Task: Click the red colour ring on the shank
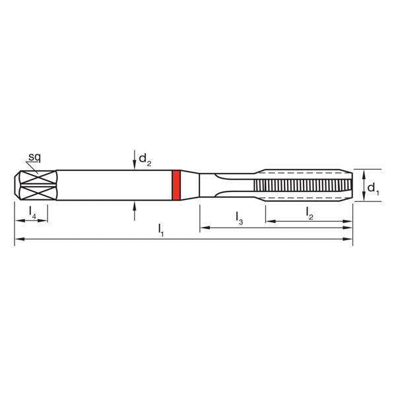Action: point(176,185)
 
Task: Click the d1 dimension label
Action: point(373,189)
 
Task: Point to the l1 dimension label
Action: point(160,230)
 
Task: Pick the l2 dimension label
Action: point(310,213)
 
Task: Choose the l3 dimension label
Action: point(239,218)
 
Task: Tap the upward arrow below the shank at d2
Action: point(135,207)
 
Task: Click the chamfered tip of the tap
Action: point(348,185)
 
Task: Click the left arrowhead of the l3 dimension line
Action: point(203,228)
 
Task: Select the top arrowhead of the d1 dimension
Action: point(363,172)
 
